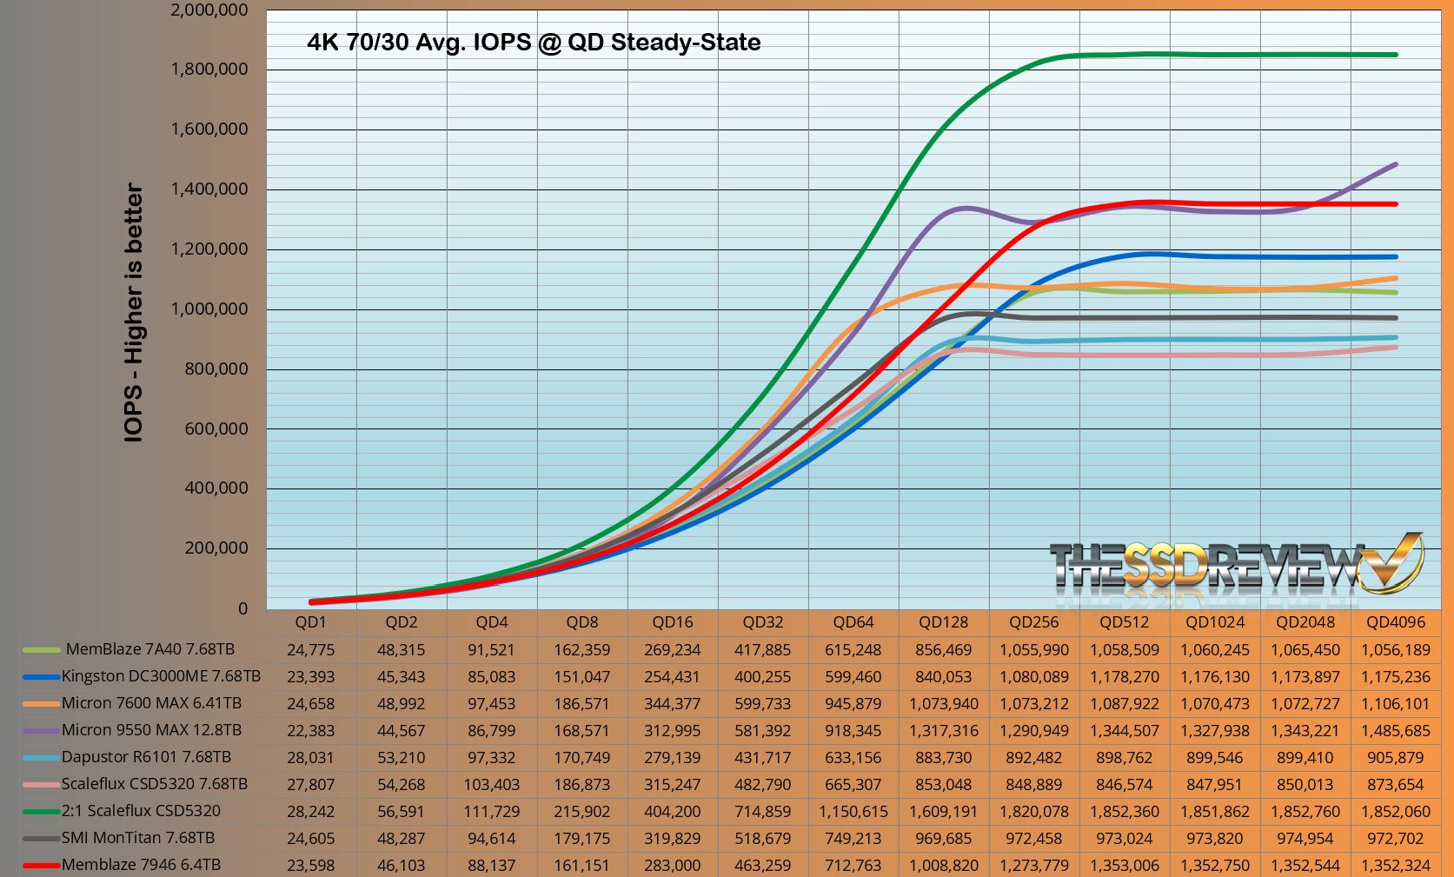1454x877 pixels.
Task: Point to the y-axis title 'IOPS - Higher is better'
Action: [133, 313]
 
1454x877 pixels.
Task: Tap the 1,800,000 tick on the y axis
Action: [209, 70]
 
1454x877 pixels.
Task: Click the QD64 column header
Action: [853, 622]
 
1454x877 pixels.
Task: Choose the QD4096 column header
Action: [1395, 622]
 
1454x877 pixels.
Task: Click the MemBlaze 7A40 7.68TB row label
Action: [149, 649]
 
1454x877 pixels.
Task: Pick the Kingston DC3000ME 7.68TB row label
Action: [161, 676]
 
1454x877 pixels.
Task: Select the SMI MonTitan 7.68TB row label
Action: [137, 838]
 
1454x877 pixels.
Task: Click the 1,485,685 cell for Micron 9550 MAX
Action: [1395, 731]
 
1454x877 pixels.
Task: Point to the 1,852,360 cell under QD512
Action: [1125, 812]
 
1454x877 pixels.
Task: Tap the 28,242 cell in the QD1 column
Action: [310, 812]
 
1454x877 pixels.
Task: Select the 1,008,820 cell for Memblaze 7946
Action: [944, 866]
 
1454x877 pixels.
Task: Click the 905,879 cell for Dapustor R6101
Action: [1395, 758]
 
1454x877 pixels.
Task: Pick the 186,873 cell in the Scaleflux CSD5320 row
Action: [581, 785]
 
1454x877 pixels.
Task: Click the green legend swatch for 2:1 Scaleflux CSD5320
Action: [40, 812]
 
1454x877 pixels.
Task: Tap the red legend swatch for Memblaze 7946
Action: [40, 866]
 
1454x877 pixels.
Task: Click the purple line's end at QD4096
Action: [1396, 163]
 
